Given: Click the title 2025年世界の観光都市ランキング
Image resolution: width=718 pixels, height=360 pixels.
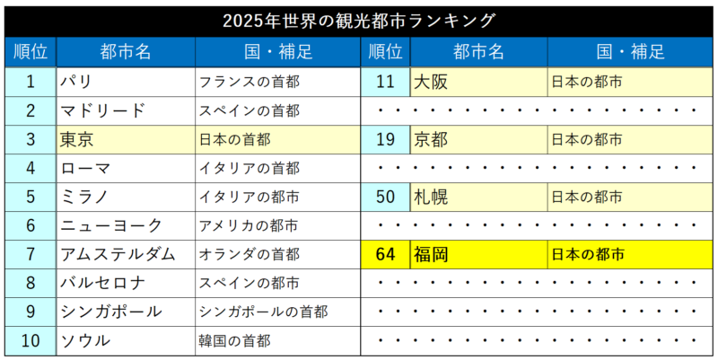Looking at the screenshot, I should coord(359,19).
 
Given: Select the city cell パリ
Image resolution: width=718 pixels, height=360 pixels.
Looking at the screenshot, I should coord(125,83).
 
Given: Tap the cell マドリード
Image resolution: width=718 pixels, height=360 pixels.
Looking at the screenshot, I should coord(125,111).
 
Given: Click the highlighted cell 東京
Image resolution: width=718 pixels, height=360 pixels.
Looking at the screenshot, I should coord(125,140).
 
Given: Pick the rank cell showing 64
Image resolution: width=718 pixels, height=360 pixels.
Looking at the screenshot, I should coord(386,255).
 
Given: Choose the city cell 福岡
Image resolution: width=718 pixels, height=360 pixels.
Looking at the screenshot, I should coord(477,255).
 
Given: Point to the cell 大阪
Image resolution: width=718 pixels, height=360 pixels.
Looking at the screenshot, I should coord(477,83).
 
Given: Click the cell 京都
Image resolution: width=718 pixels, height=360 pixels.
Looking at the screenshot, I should coord(477,140).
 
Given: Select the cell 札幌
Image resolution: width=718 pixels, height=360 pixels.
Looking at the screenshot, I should coord(477,198).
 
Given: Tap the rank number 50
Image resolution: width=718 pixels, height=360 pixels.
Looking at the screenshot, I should coord(386,198).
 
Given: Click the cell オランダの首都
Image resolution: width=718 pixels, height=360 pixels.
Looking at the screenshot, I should coord(275,255).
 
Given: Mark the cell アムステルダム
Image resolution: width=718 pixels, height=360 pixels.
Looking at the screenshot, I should coord(125,255).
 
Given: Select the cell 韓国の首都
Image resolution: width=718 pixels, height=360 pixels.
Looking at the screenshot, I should coord(275,341).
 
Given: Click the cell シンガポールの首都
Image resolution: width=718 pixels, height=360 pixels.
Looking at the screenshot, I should coord(275,312).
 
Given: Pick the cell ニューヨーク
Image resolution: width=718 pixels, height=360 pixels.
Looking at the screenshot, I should coord(125,226).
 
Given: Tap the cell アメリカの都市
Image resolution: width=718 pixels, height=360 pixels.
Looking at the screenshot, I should coord(275,226).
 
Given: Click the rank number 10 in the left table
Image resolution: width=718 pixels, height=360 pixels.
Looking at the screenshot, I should coord(31,341).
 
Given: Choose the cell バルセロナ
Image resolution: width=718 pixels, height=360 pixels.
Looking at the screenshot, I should coord(125,284).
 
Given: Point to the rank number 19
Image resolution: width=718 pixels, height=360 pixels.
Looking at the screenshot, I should coord(386,140).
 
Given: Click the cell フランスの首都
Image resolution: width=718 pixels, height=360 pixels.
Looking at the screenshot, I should coord(275,83).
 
